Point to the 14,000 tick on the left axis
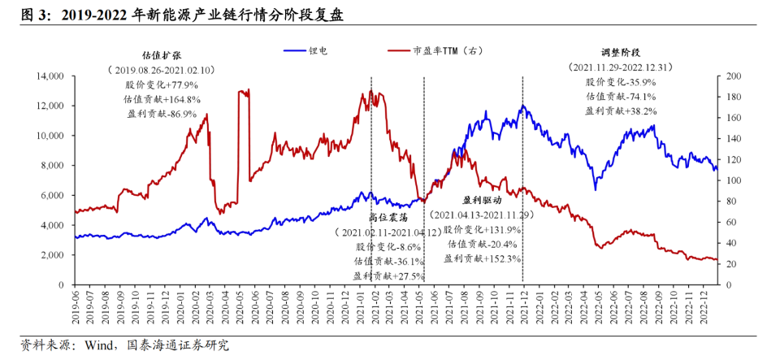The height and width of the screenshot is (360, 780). [47, 76]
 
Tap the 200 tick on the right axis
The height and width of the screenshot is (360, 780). [733, 76]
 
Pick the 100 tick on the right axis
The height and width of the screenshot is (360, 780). [733, 180]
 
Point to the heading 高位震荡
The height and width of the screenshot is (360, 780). [388, 217]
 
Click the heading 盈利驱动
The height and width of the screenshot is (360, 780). [483, 199]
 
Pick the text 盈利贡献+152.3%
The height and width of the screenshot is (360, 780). [483, 258]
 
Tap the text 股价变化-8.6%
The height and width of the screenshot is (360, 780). [388, 246]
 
